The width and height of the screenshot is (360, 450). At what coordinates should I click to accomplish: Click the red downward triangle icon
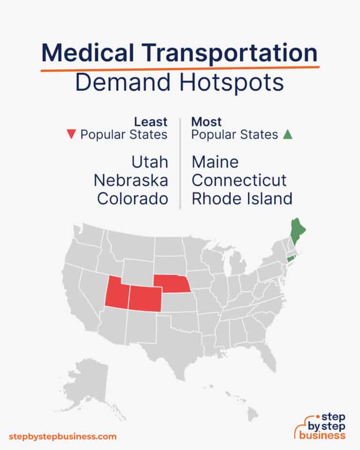click(x=71, y=135)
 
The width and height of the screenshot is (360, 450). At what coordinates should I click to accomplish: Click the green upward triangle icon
click(x=287, y=135)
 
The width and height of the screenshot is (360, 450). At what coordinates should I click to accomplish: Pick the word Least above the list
click(x=151, y=122)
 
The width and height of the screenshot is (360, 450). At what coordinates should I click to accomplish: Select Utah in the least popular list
click(x=150, y=163)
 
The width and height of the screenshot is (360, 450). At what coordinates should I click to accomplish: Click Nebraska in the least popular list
click(x=131, y=180)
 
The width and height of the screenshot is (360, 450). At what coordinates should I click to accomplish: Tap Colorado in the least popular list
click(x=133, y=198)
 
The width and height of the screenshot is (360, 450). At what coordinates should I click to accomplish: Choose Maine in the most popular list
click(x=215, y=163)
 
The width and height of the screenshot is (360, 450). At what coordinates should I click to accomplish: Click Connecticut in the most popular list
click(x=239, y=180)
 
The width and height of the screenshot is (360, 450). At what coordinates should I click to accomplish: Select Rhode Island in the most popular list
click(x=242, y=198)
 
